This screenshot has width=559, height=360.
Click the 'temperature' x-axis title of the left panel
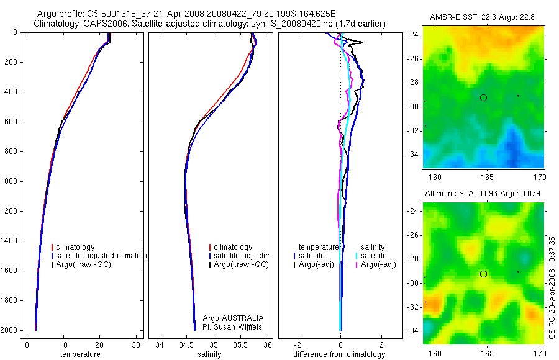(80, 354)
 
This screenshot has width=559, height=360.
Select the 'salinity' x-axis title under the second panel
(213, 354)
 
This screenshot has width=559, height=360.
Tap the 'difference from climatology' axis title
(339, 354)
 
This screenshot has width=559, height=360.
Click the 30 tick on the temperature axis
(136, 344)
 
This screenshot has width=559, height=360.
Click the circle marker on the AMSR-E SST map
(483, 97)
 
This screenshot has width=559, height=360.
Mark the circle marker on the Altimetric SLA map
(483, 274)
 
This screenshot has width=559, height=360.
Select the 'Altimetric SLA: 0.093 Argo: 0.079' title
(483, 194)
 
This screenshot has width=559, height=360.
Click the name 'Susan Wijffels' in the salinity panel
(246, 326)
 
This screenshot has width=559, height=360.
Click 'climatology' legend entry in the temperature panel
(75, 247)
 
